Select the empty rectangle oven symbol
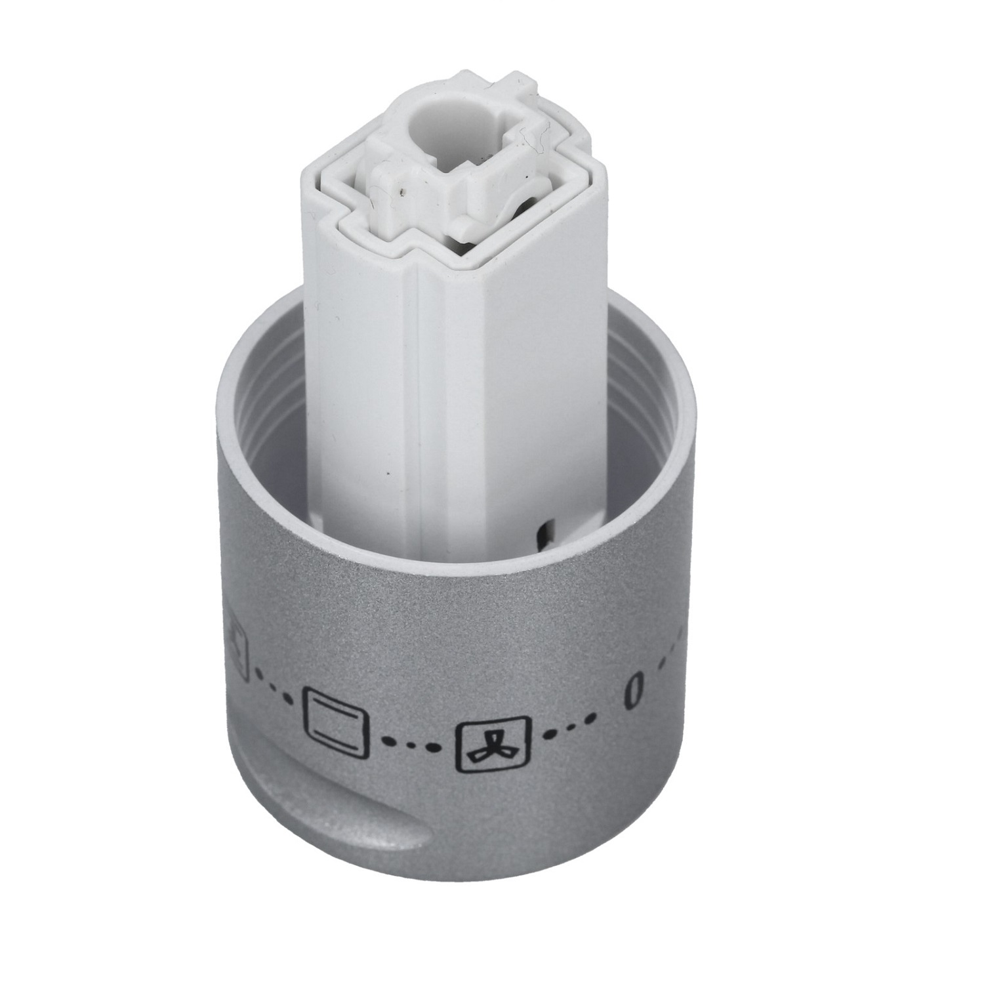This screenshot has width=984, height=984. [335, 724]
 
